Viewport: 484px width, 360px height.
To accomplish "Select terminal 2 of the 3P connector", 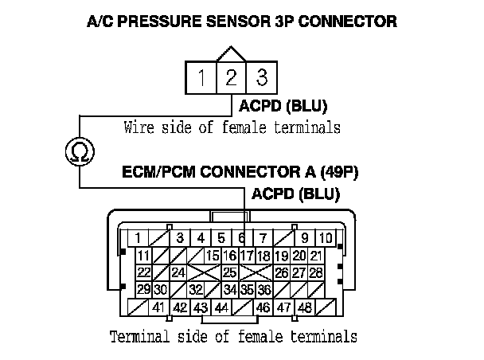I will coord(231,78).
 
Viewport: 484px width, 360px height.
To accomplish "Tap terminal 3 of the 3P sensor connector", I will coord(260,78).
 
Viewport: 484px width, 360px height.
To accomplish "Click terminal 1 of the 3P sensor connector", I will coord(202,78).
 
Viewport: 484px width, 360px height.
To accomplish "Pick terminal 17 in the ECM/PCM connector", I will coord(246,255).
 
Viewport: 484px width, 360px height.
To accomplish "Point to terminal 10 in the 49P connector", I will coord(326,237).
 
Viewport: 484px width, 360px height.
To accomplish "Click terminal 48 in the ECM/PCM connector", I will coord(303,307).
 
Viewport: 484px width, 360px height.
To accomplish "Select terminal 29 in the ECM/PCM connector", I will coord(144,289).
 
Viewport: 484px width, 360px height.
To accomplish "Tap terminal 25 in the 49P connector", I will coord(229,272).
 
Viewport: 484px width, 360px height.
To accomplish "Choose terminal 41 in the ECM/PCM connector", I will coord(158,307).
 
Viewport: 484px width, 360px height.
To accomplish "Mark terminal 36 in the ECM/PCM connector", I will coord(264,289).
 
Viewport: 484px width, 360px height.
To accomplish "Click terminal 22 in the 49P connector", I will coord(144,272).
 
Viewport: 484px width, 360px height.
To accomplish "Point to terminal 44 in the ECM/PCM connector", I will coord(221,307).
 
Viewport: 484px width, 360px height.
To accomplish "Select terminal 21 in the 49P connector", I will coord(315,255).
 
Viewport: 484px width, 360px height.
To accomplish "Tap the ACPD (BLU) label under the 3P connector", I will coord(278,105).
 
